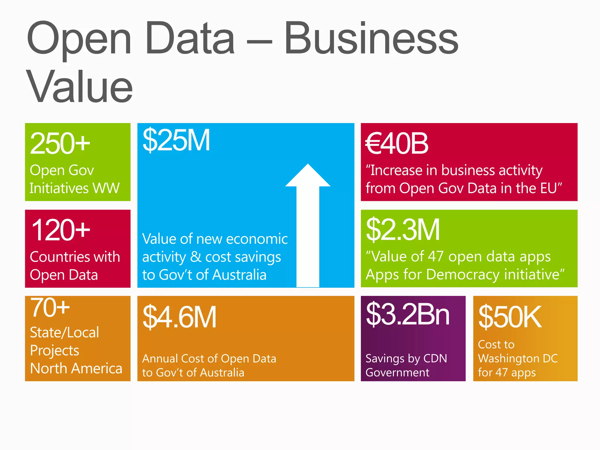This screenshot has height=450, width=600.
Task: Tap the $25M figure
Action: [x=176, y=141]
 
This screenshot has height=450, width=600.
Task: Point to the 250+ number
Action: [x=60, y=143]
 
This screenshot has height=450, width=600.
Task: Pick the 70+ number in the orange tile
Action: [x=50, y=307]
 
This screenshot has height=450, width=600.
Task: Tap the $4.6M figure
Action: [x=179, y=317]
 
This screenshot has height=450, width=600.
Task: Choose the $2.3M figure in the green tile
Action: [x=403, y=230]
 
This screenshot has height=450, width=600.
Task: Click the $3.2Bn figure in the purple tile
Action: [x=408, y=314]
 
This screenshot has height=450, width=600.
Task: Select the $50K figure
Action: [x=510, y=317]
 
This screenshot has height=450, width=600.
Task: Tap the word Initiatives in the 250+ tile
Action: [x=59, y=188]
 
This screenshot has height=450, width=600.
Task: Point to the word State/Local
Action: [x=64, y=333]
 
